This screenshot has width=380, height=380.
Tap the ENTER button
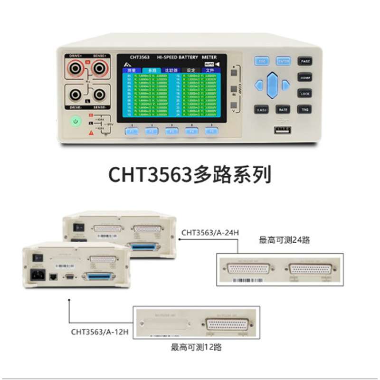[284, 61]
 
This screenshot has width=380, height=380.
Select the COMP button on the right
[305, 77]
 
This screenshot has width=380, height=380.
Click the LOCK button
[305, 94]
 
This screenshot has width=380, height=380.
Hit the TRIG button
[305, 109]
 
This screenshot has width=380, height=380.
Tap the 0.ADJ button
[261, 109]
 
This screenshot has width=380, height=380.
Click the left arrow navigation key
[258, 85]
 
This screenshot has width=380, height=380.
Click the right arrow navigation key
[285, 85]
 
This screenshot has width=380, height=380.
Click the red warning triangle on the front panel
[91, 133]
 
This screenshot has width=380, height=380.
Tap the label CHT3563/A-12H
[99, 331]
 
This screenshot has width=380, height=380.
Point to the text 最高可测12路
[196, 347]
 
